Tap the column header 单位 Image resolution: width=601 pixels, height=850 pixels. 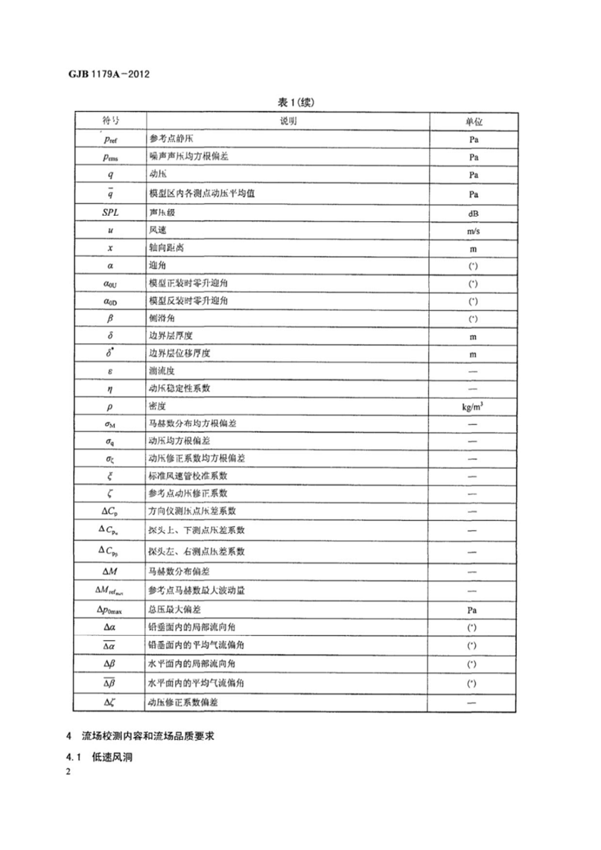coord(473,120)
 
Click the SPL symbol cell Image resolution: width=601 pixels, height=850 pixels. coord(110,212)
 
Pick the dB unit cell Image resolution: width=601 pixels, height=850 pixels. coord(473,213)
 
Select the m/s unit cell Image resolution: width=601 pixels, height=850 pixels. coord(473,231)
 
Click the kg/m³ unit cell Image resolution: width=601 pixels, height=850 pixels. coord(473,407)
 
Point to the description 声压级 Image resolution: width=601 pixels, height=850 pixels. coord(162,212)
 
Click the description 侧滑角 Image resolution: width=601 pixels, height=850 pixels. coord(162,318)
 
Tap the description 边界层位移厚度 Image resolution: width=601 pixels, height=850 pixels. coord(179,354)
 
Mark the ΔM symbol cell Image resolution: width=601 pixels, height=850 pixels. coord(110,571)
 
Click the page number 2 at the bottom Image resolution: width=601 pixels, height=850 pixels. coord(67,772)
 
